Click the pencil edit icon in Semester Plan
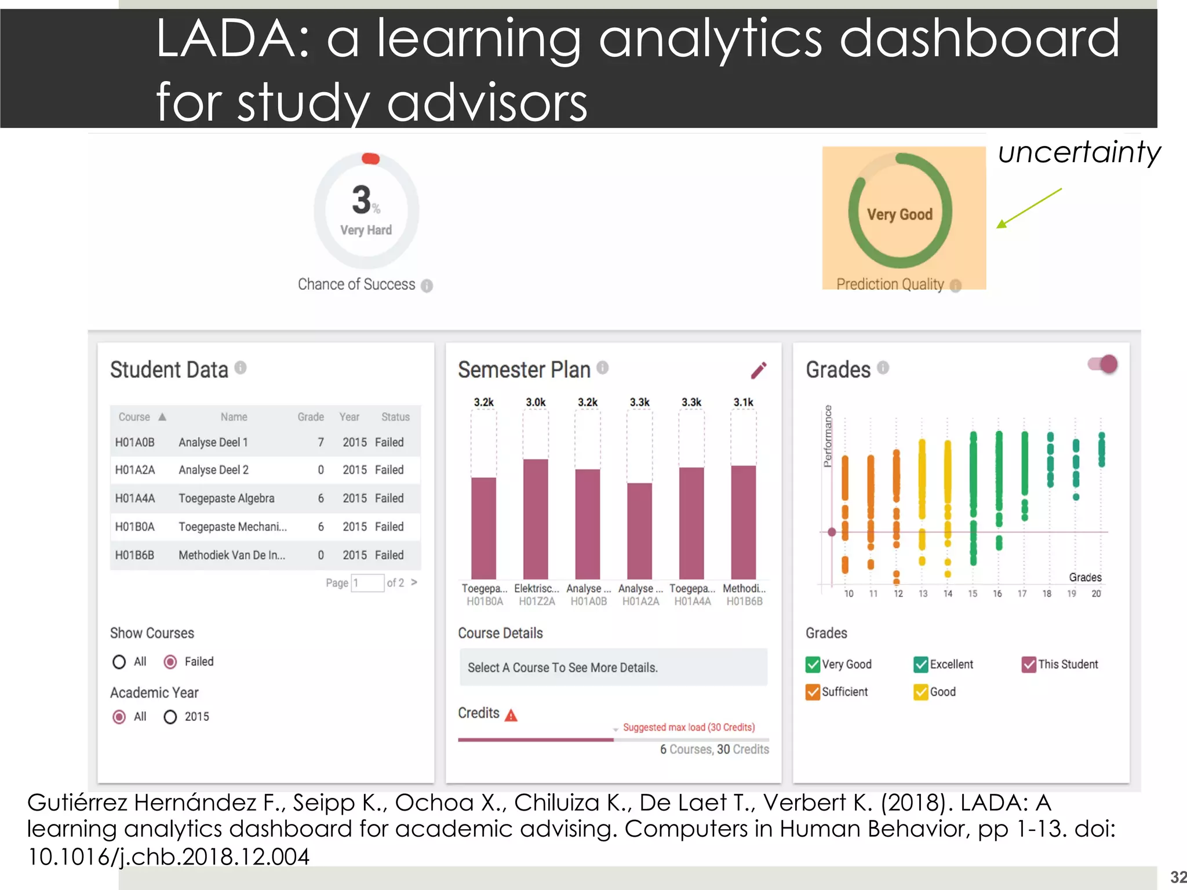[x=759, y=370]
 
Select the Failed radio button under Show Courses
[x=170, y=662]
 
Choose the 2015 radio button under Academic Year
[x=170, y=717]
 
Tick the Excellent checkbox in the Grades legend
[x=920, y=665]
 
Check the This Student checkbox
[x=1029, y=665]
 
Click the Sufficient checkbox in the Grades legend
[x=813, y=692]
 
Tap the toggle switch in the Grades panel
[x=1103, y=364]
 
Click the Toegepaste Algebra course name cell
[x=226, y=498]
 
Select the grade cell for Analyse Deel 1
[x=321, y=442]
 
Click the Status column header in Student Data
[x=395, y=417]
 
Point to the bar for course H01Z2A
[x=536, y=519]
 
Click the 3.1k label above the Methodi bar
[x=743, y=402]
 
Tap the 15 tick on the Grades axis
[x=973, y=593]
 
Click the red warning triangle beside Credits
[x=511, y=716]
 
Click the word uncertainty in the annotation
[x=1079, y=152]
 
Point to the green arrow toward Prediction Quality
[x=1029, y=207]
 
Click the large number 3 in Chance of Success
[x=361, y=200]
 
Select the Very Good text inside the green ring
[x=900, y=214]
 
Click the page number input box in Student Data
[x=367, y=583]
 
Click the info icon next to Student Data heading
[x=241, y=368]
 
